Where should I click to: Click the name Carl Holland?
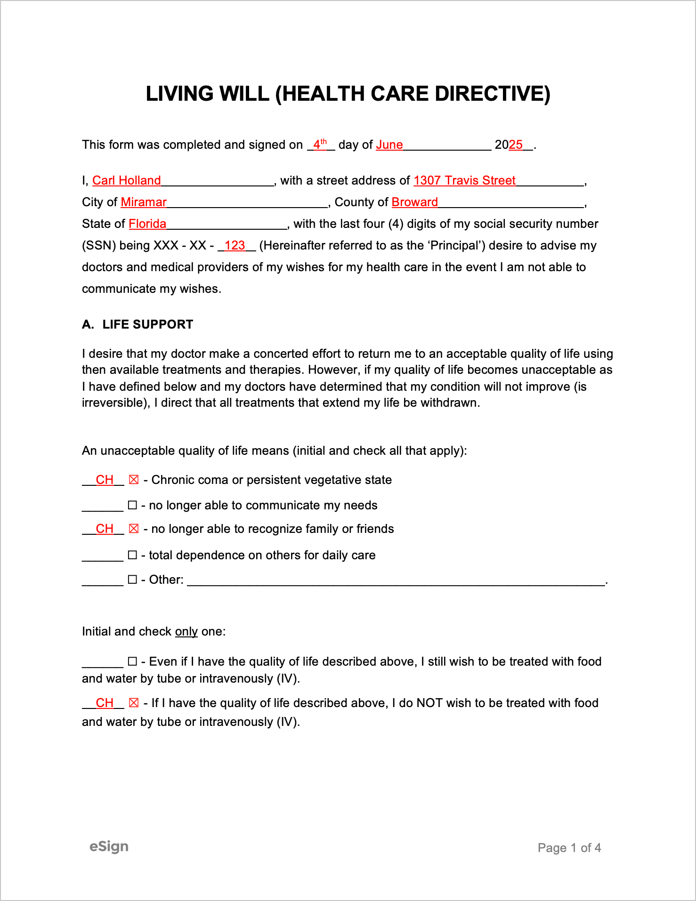pos(126,181)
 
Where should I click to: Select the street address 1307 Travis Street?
pos(464,181)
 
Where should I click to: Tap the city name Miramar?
pos(144,202)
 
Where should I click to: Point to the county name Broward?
pos(414,202)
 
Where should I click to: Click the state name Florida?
pos(147,224)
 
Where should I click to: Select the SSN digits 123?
pos(235,246)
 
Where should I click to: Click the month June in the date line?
pos(389,145)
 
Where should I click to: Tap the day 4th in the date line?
pos(320,145)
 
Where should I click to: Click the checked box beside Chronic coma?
pos(134,480)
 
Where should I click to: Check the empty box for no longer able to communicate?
pos(133,505)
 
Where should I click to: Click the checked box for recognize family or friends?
pos(134,529)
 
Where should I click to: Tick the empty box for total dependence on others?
pos(133,555)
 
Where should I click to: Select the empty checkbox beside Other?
pos(133,579)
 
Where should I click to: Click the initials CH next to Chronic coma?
pos(105,480)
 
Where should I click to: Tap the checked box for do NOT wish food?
pos(134,703)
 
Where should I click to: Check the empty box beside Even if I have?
pos(133,661)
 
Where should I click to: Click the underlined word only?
pos(186,632)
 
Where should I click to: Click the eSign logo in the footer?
pos(109,846)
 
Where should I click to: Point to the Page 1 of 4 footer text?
pos(569,848)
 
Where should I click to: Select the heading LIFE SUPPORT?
pos(147,324)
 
